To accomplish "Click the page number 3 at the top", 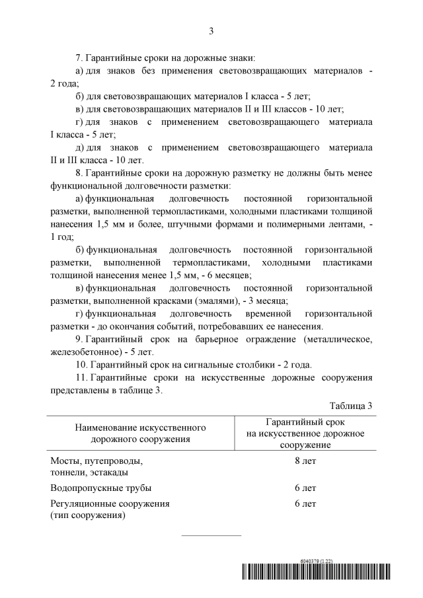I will pos(211,31).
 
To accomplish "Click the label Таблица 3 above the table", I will pos(352,405).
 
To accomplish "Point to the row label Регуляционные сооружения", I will pos(110,504).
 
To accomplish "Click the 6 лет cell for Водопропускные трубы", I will pos(305,488).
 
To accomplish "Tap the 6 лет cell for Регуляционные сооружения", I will pos(305,504).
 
